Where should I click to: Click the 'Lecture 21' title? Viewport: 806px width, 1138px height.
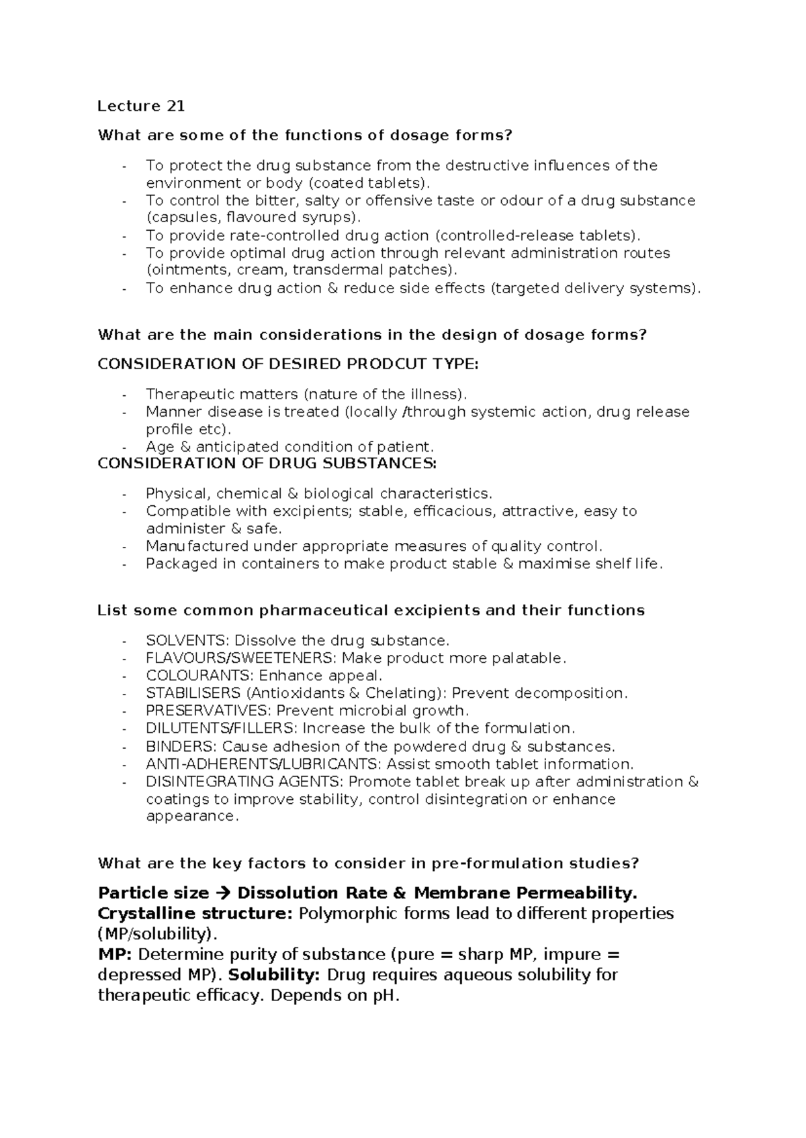pos(141,106)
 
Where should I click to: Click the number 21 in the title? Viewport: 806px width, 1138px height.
pos(175,106)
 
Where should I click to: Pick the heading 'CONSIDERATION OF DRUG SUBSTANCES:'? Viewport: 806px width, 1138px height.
pos(267,464)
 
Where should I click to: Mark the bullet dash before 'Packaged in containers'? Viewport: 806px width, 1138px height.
pos(124,564)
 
